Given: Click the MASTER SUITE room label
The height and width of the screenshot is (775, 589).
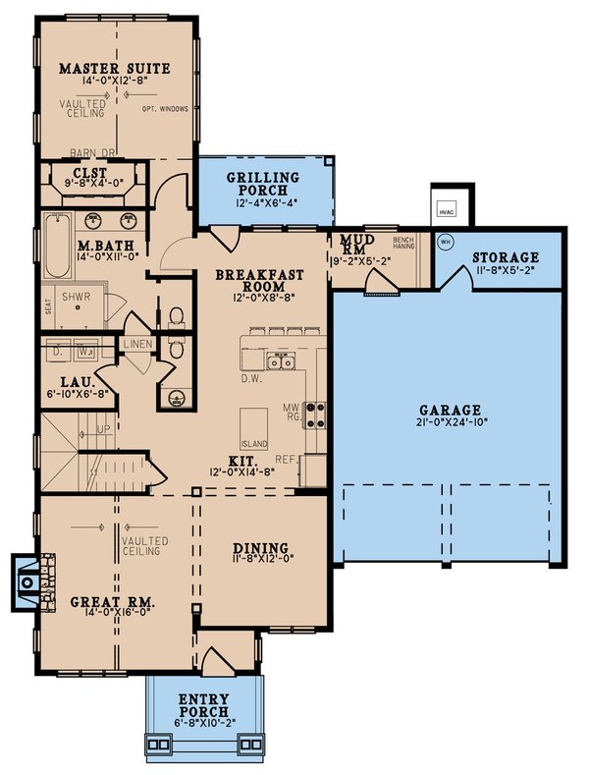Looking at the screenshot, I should click(115, 68).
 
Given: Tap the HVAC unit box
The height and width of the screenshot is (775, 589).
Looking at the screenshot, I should click(447, 209).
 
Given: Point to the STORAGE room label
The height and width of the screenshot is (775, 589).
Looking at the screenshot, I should click(507, 258).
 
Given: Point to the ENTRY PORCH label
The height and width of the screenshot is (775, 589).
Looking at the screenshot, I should click(204, 704).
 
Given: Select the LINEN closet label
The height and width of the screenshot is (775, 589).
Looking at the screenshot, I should click(136, 344).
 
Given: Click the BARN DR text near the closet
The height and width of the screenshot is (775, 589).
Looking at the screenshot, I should click(92, 153).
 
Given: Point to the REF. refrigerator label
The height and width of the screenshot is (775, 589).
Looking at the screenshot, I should click(288, 457).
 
